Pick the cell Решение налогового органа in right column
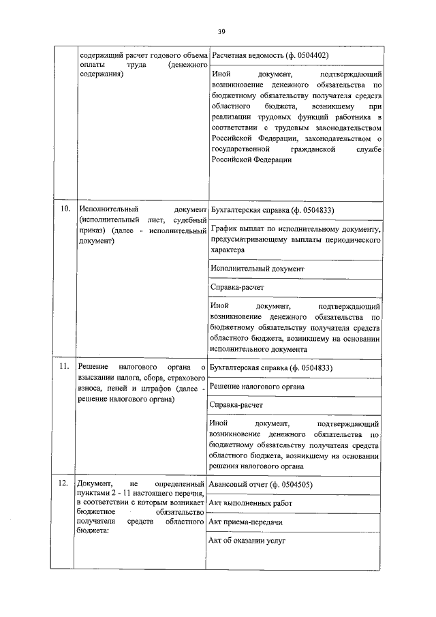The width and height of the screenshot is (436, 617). click(x=257, y=386)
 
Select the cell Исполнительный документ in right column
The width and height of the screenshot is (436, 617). click(x=257, y=269)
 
